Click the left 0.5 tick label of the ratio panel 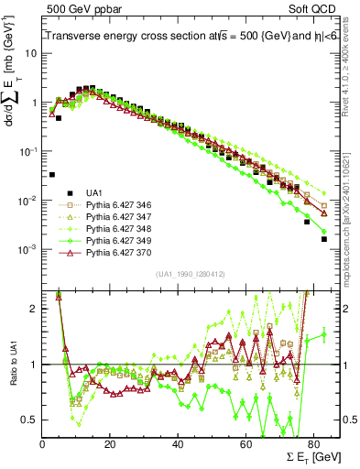pyautogui.click(x=29, y=420)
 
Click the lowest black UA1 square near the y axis pyautogui.click(x=52, y=174)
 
